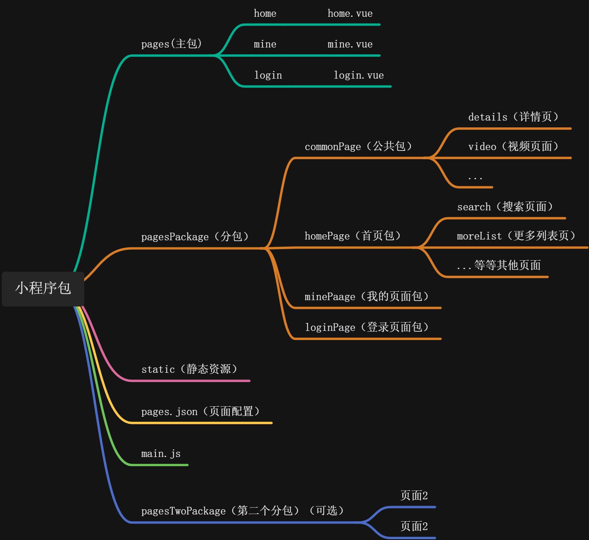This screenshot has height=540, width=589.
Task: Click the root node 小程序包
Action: (43, 289)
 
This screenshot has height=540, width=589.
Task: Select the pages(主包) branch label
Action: (172, 44)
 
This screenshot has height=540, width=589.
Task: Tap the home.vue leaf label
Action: (350, 14)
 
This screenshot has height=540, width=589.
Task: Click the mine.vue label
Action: (350, 44)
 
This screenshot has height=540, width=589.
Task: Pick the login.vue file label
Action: (358, 75)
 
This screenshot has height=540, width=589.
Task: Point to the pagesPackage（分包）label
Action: (195, 237)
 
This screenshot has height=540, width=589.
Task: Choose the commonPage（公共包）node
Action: (358, 146)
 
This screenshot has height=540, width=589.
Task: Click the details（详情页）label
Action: (513, 117)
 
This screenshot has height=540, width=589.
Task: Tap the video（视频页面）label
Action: (513, 146)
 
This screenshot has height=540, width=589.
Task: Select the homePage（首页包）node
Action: (353, 236)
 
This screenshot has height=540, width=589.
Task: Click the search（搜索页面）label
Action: (505, 207)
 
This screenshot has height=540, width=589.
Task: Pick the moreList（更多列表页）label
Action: (516, 236)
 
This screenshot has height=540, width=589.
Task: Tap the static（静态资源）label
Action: (190, 369)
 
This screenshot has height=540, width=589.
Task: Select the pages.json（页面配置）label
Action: (201, 411)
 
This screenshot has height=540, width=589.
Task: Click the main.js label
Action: (161, 454)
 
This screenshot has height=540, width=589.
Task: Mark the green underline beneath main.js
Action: (160, 465)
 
